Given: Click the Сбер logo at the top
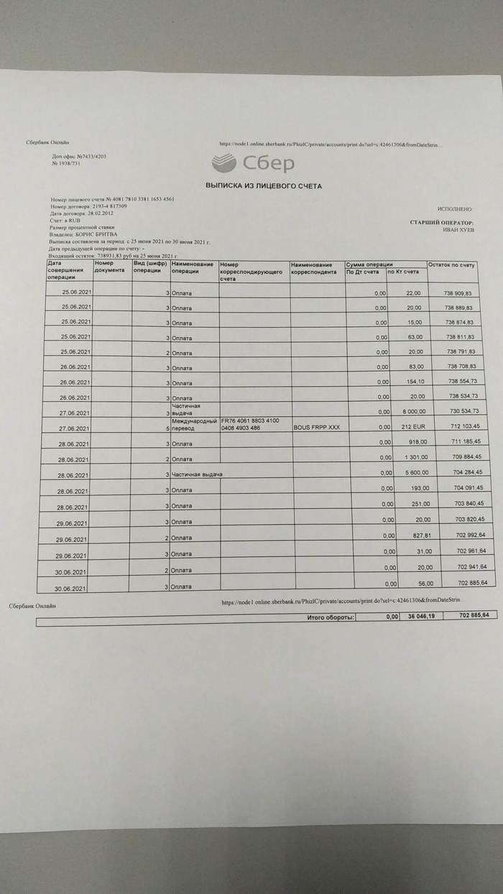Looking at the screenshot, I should (254, 162).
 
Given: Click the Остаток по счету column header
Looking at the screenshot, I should (453, 265).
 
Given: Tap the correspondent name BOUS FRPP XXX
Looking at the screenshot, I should (316, 427).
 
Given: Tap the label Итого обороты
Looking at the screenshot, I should (331, 617).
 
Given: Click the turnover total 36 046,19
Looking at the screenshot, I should (422, 617).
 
